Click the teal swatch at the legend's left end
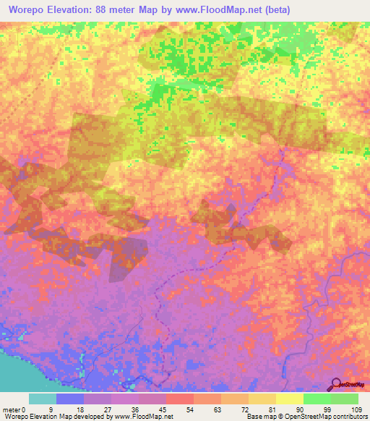[x=43, y=399]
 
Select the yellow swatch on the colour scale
[x=290, y=399]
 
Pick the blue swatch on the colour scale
[x=70, y=399]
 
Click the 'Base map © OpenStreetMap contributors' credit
[x=307, y=417]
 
